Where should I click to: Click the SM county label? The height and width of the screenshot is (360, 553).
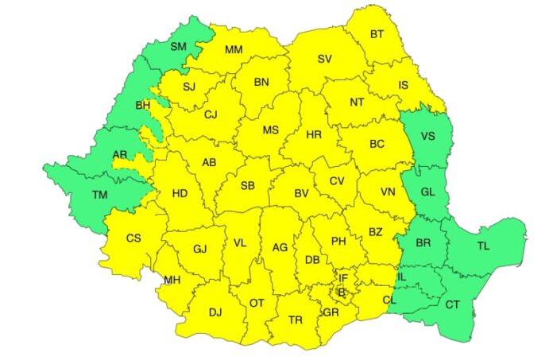pos(178,47)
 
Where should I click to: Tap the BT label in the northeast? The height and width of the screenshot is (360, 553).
pos(377,34)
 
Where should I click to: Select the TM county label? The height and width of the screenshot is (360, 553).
pos(100,195)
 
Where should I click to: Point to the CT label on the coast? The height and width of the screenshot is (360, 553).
pos(452,304)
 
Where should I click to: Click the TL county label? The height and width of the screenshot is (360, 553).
pos(483,246)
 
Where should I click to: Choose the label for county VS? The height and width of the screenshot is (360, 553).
pos(428,136)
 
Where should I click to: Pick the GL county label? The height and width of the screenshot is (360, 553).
pos(428,192)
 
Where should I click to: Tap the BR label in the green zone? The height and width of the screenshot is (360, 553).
pos(423,243)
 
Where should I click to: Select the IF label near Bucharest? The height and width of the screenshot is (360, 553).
pos(343,277)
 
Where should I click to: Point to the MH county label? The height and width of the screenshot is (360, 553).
pos(172,280)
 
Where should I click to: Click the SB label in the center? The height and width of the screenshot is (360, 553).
pos(248,186)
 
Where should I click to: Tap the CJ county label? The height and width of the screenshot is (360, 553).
pos(211,114)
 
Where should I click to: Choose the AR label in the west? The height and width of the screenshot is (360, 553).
pos(98,155)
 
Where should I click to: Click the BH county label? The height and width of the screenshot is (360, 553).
pos(143,104)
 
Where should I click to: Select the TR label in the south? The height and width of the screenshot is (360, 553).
pos(296,319)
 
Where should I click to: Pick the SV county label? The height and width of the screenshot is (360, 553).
pos(324,59)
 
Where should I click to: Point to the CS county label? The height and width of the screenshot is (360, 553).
pos(133,238)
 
